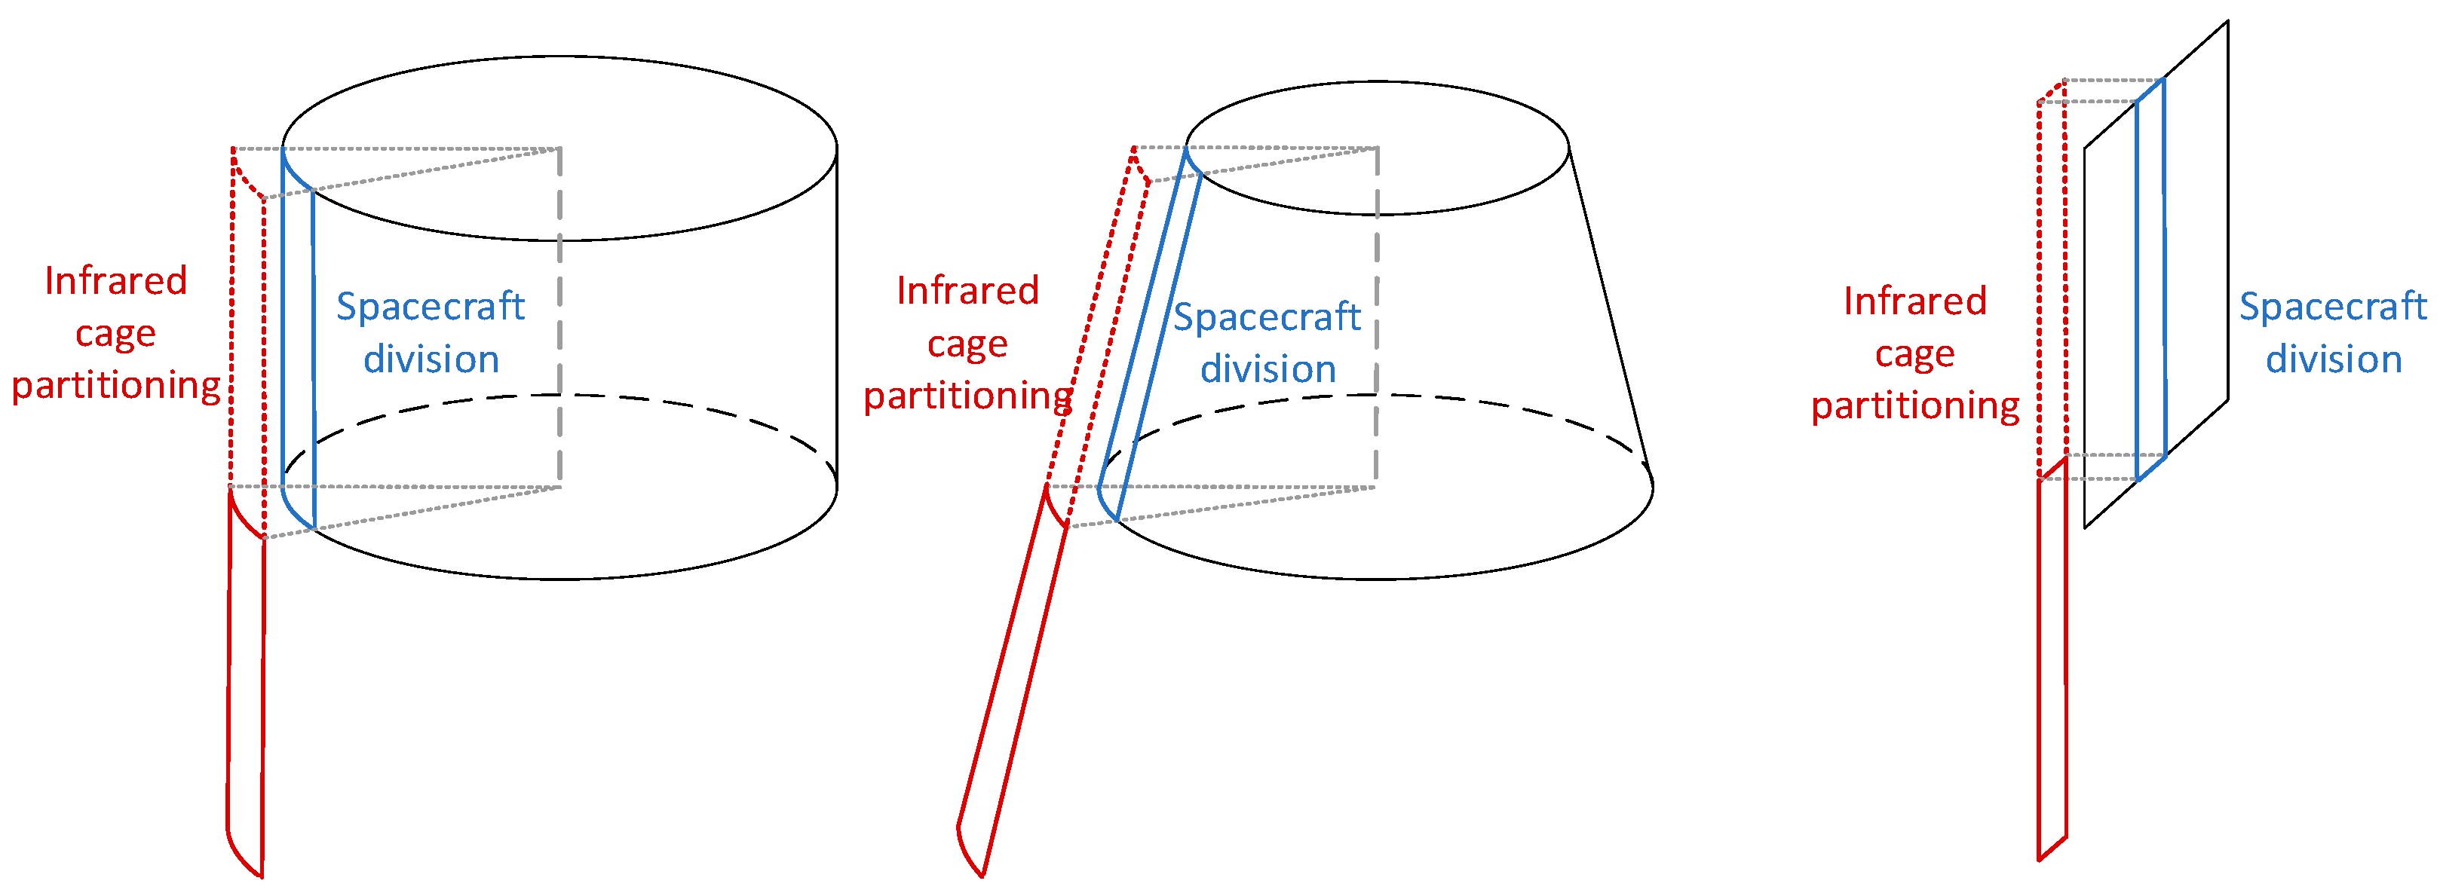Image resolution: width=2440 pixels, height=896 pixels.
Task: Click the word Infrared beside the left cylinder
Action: [x=115, y=281]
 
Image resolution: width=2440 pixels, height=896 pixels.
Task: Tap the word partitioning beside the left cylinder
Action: [x=115, y=387]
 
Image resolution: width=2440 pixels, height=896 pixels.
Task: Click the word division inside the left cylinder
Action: [x=431, y=360]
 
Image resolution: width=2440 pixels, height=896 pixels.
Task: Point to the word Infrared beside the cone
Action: [x=967, y=291]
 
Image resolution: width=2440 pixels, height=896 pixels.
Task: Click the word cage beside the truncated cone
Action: [x=967, y=344]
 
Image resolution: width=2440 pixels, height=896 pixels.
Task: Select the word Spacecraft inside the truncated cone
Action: [x=1267, y=317]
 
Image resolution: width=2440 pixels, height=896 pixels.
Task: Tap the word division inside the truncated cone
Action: [x=1268, y=369]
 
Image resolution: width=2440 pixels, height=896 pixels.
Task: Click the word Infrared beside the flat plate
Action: [x=1914, y=301]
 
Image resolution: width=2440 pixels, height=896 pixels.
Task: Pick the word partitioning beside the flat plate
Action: [x=1914, y=406]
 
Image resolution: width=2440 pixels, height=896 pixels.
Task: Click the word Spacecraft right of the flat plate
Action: [x=2332, y=307]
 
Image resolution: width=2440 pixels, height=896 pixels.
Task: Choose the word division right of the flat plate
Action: [x=2333, y=360]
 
